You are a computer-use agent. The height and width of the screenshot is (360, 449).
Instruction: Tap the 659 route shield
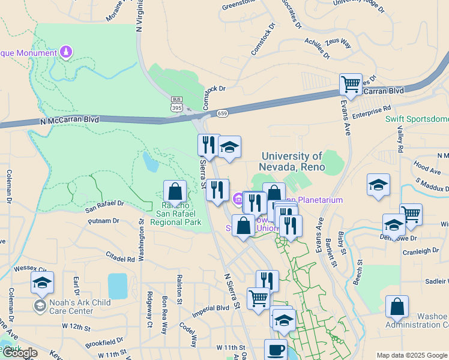click(222, 112)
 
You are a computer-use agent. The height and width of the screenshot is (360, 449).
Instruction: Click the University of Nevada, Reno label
click(292, 161)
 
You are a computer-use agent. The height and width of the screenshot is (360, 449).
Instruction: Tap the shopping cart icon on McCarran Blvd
click(351, 84)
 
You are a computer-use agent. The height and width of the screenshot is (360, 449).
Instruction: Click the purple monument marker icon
click(66, 53)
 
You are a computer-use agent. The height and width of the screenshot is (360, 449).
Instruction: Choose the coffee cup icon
click(276, 350)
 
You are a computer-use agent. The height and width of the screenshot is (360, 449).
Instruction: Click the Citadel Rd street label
click(121, 259)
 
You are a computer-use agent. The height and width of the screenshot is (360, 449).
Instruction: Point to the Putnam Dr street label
click(102, 221)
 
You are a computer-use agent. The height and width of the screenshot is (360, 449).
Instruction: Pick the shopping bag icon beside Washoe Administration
click(397, 307)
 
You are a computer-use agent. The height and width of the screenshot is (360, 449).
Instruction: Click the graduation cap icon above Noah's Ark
click(42, 282)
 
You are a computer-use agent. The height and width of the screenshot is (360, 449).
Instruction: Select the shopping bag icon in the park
click(175, 192)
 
